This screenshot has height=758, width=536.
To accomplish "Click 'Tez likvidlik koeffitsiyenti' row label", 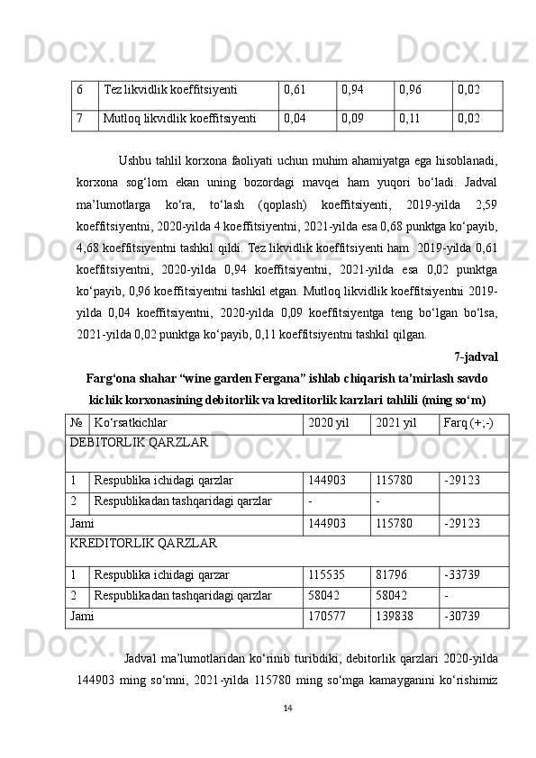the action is coord(170,90).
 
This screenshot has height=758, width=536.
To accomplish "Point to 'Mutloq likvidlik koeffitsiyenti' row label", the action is coord(179,117).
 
